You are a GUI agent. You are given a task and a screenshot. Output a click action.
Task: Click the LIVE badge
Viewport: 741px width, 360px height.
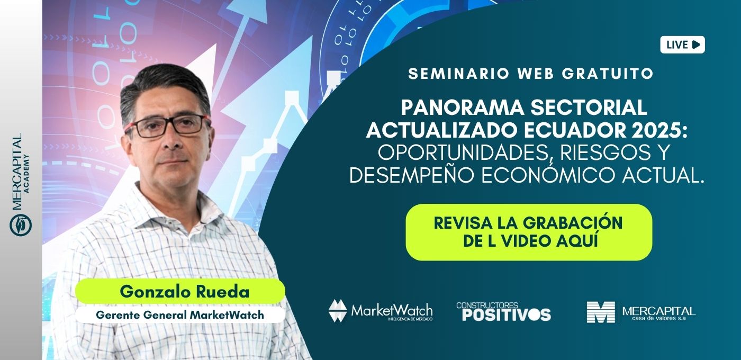682,44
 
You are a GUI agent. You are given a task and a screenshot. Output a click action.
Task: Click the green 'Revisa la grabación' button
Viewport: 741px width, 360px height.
529,232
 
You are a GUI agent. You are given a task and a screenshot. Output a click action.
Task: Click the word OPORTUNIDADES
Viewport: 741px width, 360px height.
462,152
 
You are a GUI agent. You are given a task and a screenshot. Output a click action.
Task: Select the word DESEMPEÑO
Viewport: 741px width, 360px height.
412,175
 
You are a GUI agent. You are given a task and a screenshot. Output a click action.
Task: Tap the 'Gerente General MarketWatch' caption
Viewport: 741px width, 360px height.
180,314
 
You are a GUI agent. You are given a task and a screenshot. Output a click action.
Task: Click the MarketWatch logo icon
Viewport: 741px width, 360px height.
338,311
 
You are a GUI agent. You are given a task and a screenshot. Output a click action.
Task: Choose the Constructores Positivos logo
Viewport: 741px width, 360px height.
503,311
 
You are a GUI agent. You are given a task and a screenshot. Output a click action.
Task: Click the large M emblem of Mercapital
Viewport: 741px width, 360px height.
601,312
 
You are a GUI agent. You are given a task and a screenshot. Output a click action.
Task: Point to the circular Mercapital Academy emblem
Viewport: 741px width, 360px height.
21,225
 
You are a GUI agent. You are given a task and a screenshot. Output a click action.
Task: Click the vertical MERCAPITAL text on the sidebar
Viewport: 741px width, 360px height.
16,172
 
